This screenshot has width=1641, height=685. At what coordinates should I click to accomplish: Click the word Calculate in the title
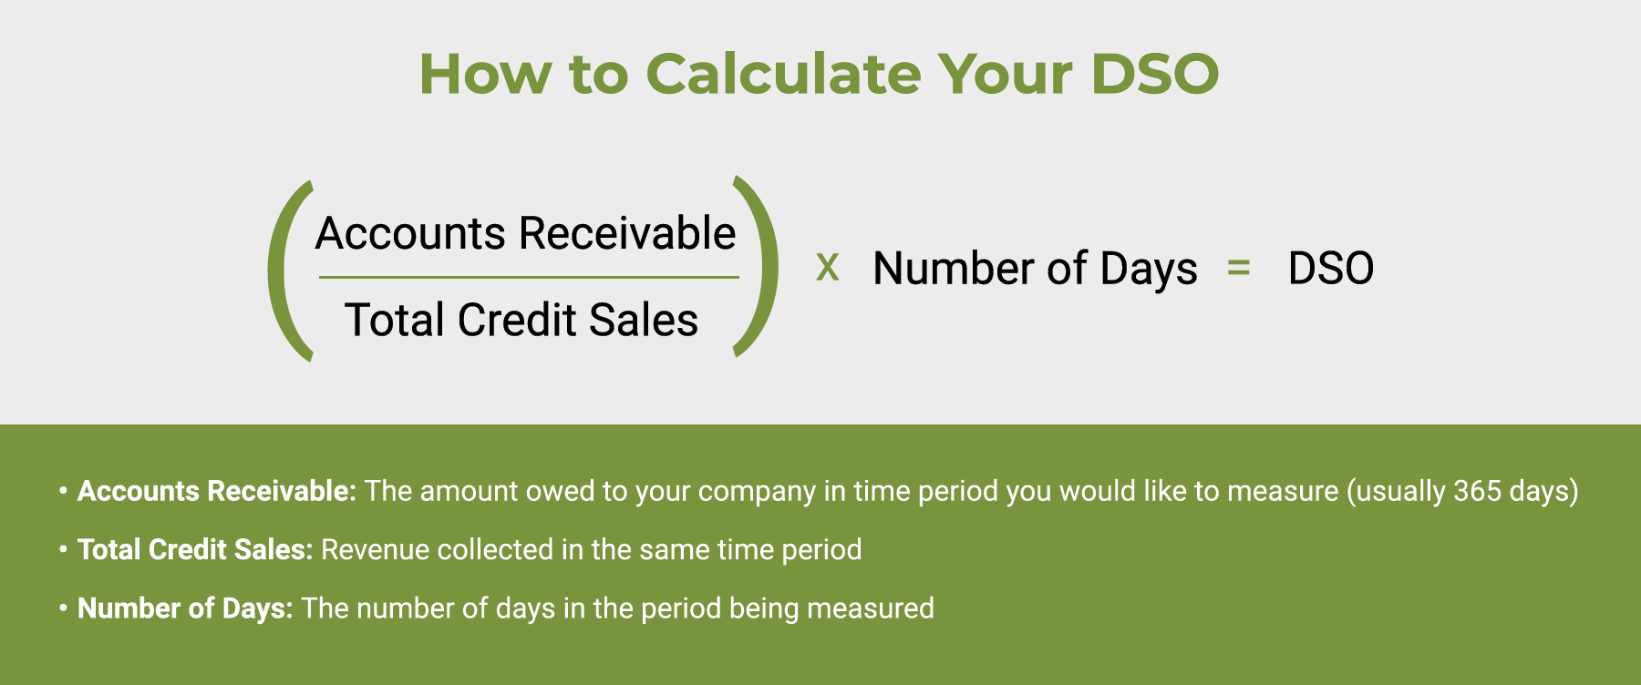tap(783, 74)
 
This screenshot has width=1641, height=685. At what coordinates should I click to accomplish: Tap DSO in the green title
tap(1154, 74)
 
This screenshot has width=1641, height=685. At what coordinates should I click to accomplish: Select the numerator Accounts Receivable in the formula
tap(525, 233)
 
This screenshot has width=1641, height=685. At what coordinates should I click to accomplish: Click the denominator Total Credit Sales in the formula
tap(521, 320)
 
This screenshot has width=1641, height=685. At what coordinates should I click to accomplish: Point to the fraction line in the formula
tap(529, 277)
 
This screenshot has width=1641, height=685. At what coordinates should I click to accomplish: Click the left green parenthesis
tap(287, 270)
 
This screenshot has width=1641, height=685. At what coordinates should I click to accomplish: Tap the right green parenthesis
tap(759, 267)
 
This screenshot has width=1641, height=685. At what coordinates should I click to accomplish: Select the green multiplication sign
tap(827, 268)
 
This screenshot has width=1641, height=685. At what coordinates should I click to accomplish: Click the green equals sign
tap(1238, 268)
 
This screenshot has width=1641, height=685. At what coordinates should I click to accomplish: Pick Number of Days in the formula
tap(1035, 269)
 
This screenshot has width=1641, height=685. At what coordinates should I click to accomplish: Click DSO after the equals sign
tap(1330, 269)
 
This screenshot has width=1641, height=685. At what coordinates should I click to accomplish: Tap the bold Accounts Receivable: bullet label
tap(216, 491)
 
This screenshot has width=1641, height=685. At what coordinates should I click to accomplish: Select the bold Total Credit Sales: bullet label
tap(195, 549)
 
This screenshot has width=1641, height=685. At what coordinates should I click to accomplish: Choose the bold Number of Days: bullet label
tap(185, 608)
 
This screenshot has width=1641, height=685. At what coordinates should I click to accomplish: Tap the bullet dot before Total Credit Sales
tap(63, 549)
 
